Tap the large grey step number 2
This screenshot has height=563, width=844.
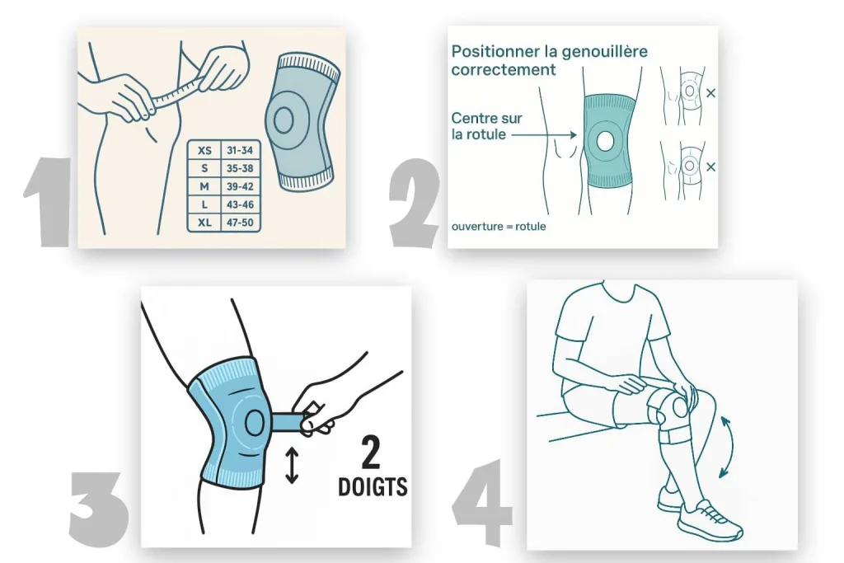415,203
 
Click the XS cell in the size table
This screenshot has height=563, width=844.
204,151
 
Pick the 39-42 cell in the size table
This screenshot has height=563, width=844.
240,187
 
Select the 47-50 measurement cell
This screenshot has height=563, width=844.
240,223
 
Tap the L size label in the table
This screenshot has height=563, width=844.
204,204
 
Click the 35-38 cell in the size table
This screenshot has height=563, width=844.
240,168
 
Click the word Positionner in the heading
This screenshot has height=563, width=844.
495,52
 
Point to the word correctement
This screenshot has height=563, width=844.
504,70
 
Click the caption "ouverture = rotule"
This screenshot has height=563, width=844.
499,227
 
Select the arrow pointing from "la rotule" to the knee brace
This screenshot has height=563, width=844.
544,134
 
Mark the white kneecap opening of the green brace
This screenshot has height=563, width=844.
605,142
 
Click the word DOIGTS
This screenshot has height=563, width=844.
373,486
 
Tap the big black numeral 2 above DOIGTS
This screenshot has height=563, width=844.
371,453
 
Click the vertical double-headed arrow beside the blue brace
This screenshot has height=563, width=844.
292,465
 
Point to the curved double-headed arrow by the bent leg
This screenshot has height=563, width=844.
729,446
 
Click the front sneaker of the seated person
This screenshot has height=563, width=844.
710,519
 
